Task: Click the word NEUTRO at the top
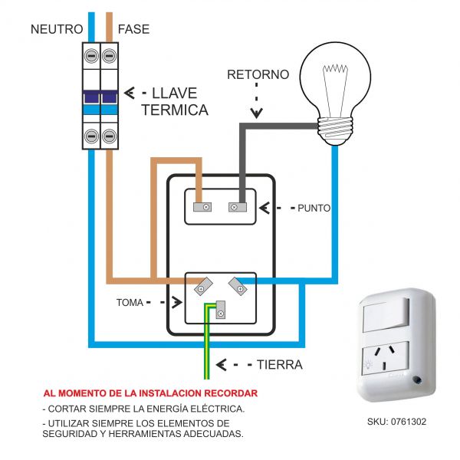coord(56,29)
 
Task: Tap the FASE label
coord(133,29)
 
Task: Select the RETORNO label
coord(258,74)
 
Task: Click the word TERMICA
coord(175,110)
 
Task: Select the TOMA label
coord(130,302)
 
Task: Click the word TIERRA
coord(281,364)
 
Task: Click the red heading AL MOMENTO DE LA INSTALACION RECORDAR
coord(150,393)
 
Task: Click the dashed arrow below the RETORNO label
coord(258,103)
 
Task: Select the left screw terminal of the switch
coord(205,206)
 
